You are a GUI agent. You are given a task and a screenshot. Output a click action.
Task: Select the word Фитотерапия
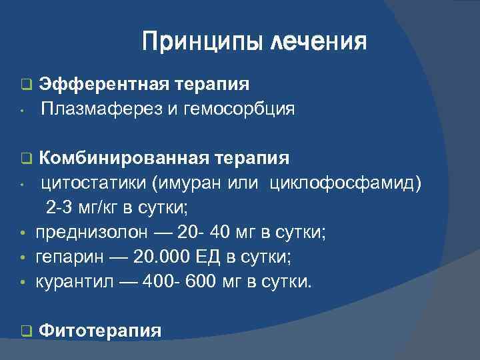[100, 329]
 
